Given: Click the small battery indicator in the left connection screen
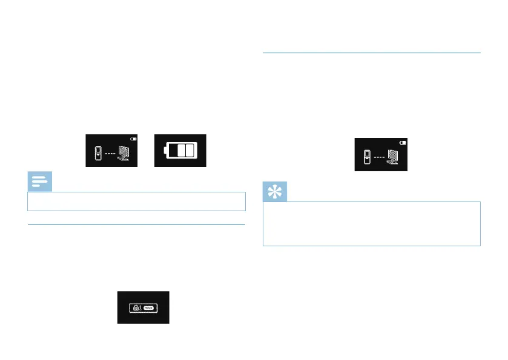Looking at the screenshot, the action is (x=132, y=137).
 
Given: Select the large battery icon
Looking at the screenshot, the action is (x=180, y=150).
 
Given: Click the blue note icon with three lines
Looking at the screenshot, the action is (x=39, y=182).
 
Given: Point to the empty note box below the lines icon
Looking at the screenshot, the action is (x=136, y=201).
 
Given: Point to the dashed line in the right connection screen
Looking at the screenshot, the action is (x=378, y=158).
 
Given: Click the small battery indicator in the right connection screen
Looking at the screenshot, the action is (x=403, y=143).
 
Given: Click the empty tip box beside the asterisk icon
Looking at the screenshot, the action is (x=371, y=224).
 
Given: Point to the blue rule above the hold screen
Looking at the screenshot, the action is (x=136, y=224).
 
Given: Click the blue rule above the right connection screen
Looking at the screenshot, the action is (x=371, y=53).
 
